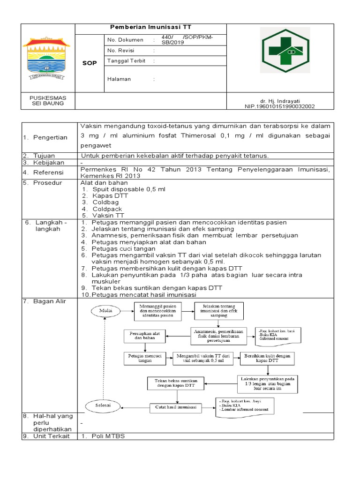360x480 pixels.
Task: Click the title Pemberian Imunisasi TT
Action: pyautogui.click(x=150, y=28)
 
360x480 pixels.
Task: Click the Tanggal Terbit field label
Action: pyautogui.click(x=126, y=61)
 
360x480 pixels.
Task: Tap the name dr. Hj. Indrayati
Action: pyautogui.click(x=280, y=101)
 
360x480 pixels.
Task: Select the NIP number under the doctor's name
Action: pyautogui.click(x=280, y=106)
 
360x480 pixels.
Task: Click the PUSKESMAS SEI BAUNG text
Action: pyautogui.click(x=48, y=100)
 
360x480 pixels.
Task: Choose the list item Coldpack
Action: pyautogui.click(x=107, y=209)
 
